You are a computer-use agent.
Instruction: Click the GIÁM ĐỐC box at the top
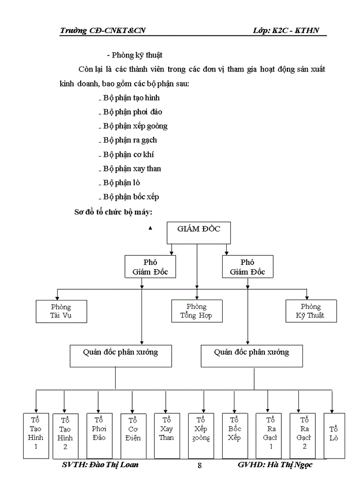199,232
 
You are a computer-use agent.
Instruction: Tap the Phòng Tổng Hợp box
197,311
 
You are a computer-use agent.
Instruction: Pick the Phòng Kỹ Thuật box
312,311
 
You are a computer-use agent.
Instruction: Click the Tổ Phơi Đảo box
99,435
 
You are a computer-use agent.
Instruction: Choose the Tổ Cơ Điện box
133,435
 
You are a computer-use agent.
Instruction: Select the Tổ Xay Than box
167,435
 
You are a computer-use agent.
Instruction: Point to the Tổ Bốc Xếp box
235,435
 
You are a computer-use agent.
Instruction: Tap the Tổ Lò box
334,435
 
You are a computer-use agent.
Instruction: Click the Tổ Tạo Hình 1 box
35,435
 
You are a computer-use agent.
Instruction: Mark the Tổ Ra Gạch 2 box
304,435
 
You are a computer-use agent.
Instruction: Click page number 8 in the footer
200,466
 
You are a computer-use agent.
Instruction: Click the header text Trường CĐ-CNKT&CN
102,30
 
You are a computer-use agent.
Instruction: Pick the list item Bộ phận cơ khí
128,154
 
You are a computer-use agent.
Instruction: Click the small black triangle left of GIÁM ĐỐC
150,228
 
